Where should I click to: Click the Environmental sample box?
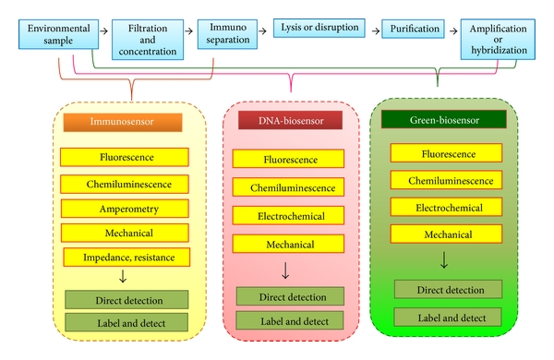click(59, 34)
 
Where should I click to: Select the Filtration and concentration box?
click(148, 40)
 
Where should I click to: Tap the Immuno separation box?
click(227, 34)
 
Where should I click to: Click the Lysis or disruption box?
click(319, 28)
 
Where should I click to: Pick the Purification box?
click(413, 29)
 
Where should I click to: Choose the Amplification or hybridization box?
click(498, 39)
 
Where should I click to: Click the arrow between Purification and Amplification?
click(453, 31)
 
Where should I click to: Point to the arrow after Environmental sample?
click(103, 31)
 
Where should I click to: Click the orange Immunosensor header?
click(123, 122)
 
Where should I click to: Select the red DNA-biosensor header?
click(291, 120)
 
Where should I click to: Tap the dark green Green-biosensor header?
click(444, 119)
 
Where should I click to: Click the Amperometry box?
click(125, 209)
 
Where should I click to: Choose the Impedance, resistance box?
click(126, 258)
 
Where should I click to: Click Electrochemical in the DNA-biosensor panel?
click(288, 215)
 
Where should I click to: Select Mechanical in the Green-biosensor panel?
click(446, 234)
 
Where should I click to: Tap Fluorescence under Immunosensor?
click(125, 157)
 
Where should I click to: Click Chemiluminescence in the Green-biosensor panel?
click(446, 180)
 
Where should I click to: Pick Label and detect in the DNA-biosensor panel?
click(290, 320)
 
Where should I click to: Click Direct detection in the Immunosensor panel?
click(126, 300)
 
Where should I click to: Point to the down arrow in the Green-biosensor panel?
click(444, 260)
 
